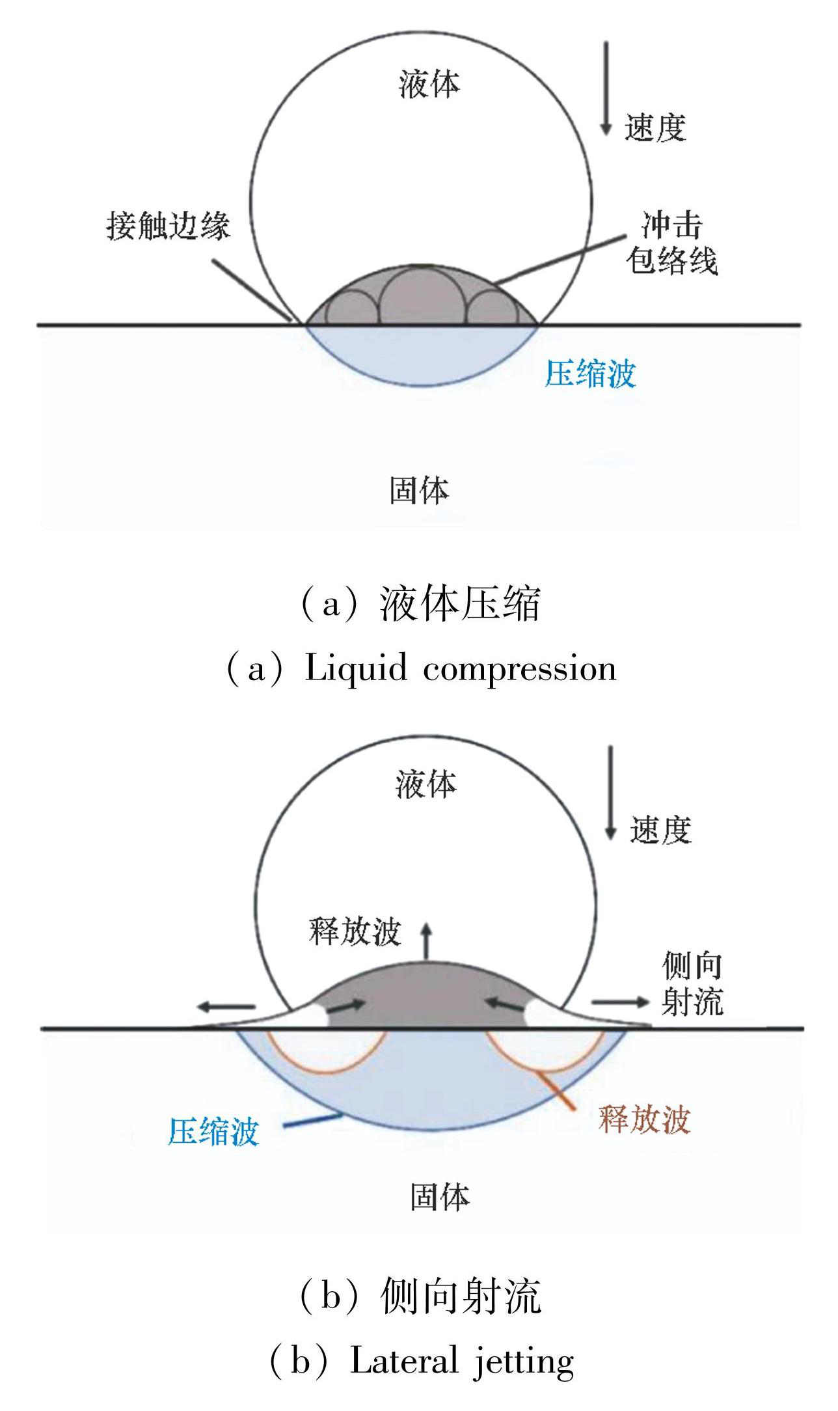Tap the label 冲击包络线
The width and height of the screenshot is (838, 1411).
tap(671, 243)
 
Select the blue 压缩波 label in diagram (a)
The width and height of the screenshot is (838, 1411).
tap(589, 374)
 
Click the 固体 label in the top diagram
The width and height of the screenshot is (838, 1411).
tap(420, 489)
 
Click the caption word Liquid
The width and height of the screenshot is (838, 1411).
tap(357, 668)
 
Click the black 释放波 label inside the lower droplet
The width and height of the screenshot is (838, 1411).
tap(355, 931)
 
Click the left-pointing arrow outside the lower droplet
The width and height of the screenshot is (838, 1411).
tap(226, 1007)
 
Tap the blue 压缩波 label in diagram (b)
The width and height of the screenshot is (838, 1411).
tap(213, 1130)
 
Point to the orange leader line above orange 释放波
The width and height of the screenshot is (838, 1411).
tap(557, 1086)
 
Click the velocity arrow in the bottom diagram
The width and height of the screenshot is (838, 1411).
tap(610, 793)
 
